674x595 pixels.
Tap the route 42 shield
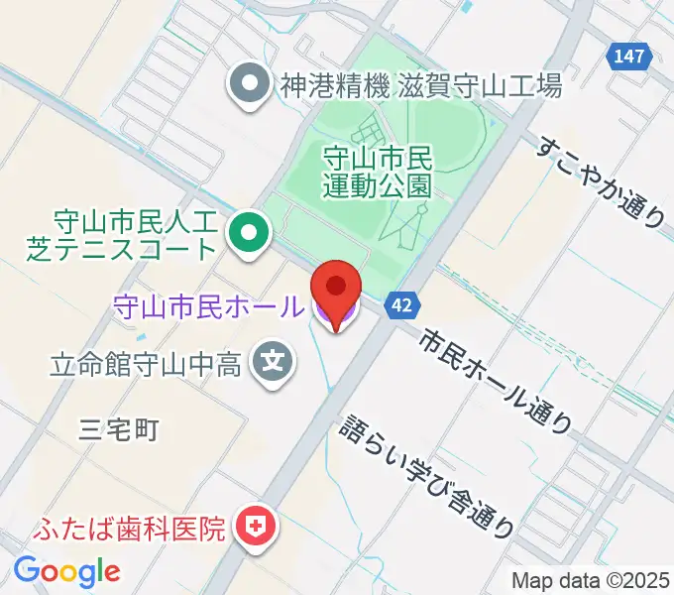(x=401, y=305)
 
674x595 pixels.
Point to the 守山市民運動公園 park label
(x=379, y=170)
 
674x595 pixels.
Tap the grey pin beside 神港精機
(x=246, y=83)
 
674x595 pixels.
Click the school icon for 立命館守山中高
(x=273, y=364)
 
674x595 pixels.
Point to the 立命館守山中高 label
(x=146, y=365)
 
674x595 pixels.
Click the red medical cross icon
(x=256, y=526)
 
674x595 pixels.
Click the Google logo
(x=66, y=570)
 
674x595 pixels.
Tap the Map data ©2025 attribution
(x=590, y=580)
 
